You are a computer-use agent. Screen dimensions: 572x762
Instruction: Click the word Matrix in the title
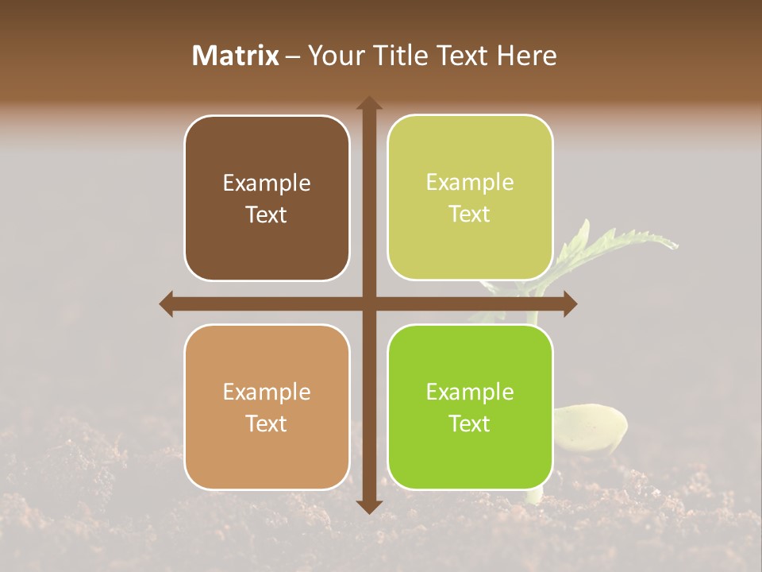(x=236, y=56)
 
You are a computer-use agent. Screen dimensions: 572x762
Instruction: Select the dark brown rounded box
(x=267, y=198)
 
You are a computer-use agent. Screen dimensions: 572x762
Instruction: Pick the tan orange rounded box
(x=267, y=407)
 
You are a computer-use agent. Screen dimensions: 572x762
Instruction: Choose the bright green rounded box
(x=470, y=407)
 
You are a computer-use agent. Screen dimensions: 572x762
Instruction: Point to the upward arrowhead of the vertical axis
(x=369, y=102)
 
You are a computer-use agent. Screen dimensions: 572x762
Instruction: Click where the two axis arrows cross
(x=369, y=303)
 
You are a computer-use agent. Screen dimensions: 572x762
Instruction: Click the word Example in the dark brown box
(x=267, y=184)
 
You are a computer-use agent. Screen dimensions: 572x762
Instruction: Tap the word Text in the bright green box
(x=470, y=423)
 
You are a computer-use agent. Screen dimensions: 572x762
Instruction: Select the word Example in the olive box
(x=470, y=183)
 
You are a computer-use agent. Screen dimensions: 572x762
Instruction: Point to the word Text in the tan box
(x=267, y=423)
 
